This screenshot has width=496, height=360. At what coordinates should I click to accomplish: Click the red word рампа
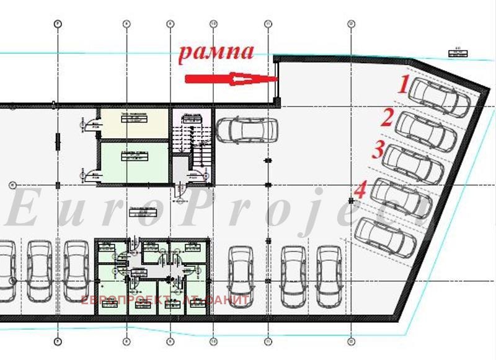216,52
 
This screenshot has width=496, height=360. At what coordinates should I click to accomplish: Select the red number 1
404,84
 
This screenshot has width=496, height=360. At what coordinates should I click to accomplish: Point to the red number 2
388,118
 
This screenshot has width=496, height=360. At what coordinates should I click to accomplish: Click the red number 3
377,151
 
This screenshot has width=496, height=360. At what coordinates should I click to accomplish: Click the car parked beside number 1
441,95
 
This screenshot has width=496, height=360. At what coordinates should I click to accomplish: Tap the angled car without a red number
386,235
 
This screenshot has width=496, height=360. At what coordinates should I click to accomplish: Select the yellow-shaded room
135,123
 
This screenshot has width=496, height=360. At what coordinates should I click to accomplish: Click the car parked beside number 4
400,198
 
